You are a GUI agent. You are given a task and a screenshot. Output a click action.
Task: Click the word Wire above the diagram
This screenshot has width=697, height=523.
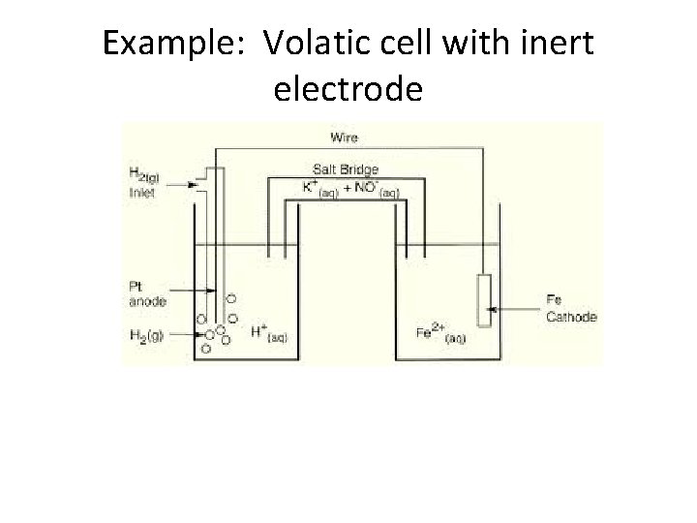(344, 138)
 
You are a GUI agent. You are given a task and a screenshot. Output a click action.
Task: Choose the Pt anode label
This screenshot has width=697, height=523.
(146, 294)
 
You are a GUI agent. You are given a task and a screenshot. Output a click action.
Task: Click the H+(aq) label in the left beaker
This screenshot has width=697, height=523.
(269, 333)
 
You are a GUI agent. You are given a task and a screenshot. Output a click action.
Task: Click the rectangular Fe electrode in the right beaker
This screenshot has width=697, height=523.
(485, 303)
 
